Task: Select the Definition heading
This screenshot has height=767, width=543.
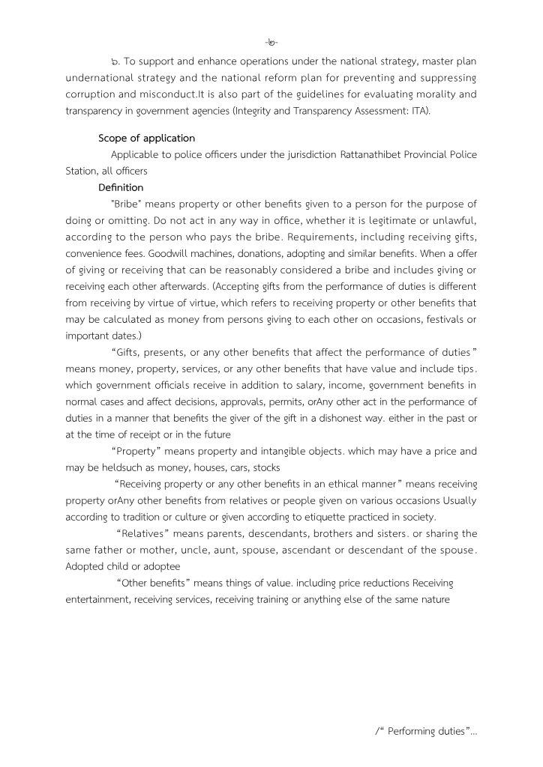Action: point(121,187)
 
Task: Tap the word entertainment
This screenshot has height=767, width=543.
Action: point(97,598)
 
